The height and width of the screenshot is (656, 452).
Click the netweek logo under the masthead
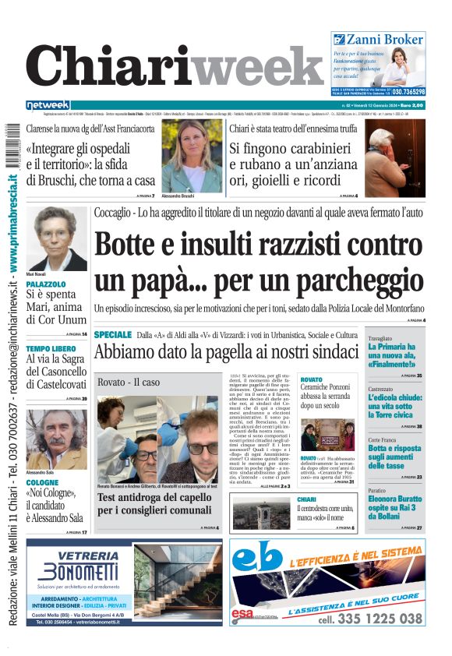tap(48, 104)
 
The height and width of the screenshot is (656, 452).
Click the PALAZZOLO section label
tap(46, 285)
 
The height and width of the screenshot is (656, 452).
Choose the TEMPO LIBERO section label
tap(51, 348)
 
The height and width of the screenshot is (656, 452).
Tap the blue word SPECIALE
tap(112, 334)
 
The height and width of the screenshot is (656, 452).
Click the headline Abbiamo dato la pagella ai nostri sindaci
tap(226, 351)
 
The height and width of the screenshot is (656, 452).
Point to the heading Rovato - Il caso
tap(129, 383)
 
